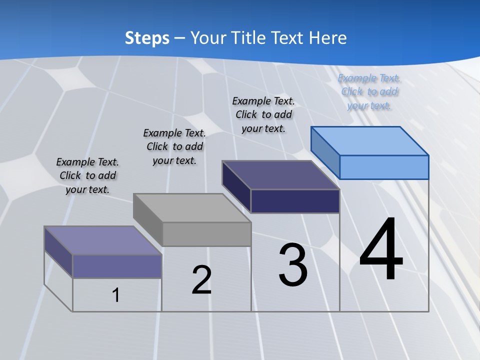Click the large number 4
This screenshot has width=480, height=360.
tap(381, 250)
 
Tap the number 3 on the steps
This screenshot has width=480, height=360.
tap(293, 265)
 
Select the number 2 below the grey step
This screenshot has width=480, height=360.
tap(201, 280)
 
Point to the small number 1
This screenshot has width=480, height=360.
tap(115, 295)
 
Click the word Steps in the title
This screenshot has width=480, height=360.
tap(147, 38)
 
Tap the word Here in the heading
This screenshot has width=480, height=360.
tap(328, 38)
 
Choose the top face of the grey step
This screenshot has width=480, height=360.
tap(192, 207)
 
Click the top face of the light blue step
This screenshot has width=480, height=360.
tap(370, 140)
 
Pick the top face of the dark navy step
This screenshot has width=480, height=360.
tap(281, 174)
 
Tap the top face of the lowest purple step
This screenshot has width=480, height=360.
tap(103, 240)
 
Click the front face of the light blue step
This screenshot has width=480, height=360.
tap(384, 167)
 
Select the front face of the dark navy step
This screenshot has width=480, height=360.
tap(295, 201)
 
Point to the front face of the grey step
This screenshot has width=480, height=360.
tap(206, 234)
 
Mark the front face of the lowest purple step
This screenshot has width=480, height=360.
tap(117, 266)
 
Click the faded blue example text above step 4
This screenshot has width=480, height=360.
tap(369, 91)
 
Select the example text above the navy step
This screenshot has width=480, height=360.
tap(263, 114)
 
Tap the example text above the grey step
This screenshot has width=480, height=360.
tap(174, 146)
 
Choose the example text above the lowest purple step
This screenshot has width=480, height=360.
tap(87, 175)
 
